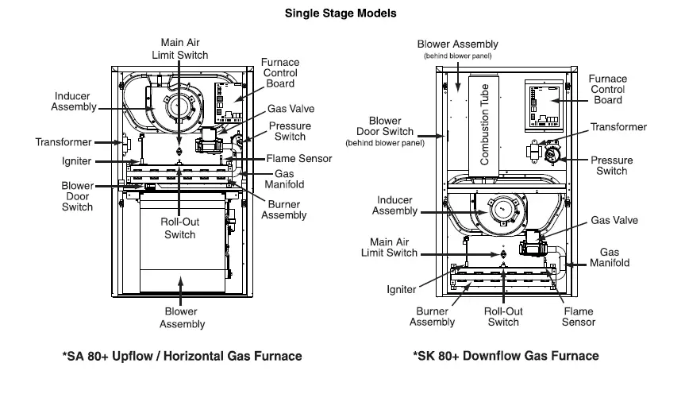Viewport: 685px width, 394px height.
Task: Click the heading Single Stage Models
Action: [341, 14]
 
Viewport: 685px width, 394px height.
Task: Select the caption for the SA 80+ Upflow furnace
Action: [182, 357]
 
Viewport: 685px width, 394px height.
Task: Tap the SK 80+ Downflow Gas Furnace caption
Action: [506, 357]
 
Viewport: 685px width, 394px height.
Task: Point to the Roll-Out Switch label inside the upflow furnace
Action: [179, 229]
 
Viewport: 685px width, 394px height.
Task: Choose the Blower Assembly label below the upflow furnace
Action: [182, 318]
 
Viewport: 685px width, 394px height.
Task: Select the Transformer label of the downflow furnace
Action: [618, 127]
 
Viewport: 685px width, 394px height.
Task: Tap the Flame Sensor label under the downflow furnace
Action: [578, 317]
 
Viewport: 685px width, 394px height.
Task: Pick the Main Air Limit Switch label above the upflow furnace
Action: [179, 49]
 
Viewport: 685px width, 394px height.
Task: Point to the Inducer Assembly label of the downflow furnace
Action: [394, 206]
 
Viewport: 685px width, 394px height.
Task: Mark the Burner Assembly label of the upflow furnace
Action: [283, 210]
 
